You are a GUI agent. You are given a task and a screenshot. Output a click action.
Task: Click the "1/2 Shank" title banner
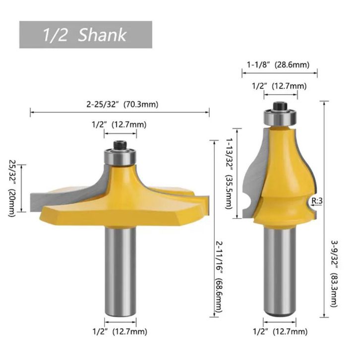(85, 35)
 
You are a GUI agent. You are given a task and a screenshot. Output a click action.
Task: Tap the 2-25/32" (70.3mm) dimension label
(122, 105)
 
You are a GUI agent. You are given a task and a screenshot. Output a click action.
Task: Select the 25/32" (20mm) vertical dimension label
(12, 188)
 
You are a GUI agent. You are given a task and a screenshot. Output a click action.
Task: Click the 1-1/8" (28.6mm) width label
(278, 65)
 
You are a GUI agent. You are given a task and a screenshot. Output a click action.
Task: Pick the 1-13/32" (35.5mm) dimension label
(230, 174)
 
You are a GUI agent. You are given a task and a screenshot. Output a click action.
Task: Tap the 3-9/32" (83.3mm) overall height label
(334, 273)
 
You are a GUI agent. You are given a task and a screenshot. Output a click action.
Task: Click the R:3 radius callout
(317, 201)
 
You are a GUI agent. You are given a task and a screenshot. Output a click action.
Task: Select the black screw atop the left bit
(120, 145)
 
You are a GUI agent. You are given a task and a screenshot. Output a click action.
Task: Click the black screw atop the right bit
(280, 106)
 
